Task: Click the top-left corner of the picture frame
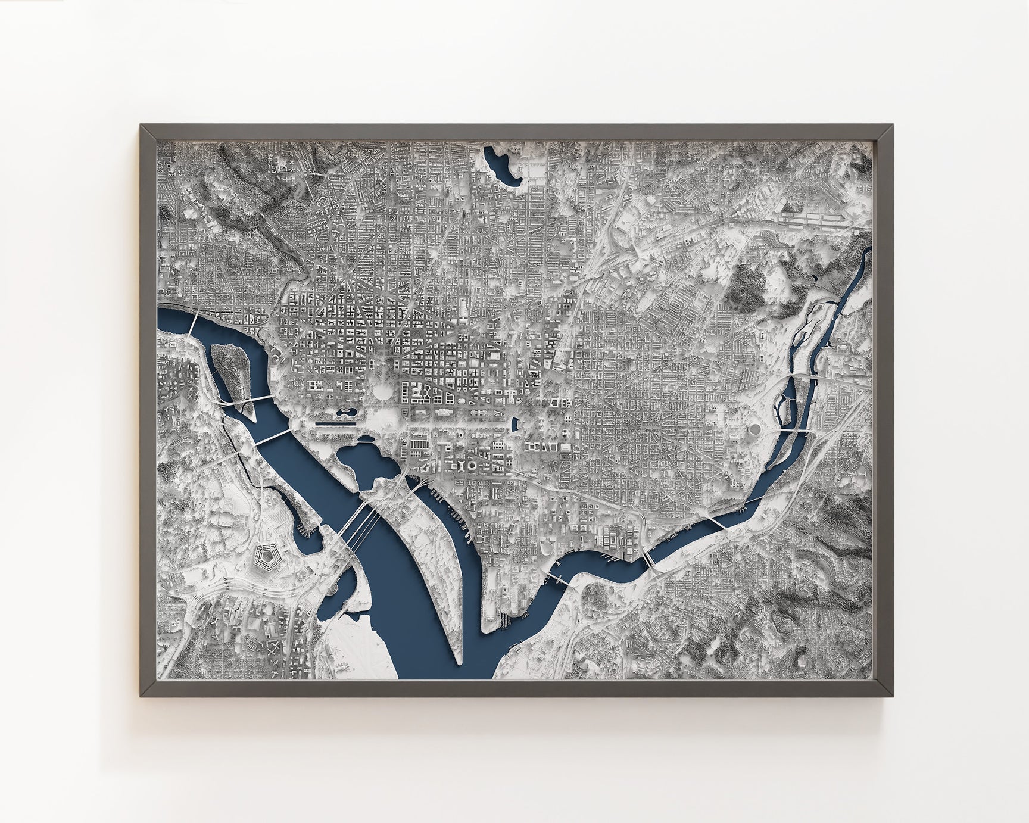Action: coord(141,125)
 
